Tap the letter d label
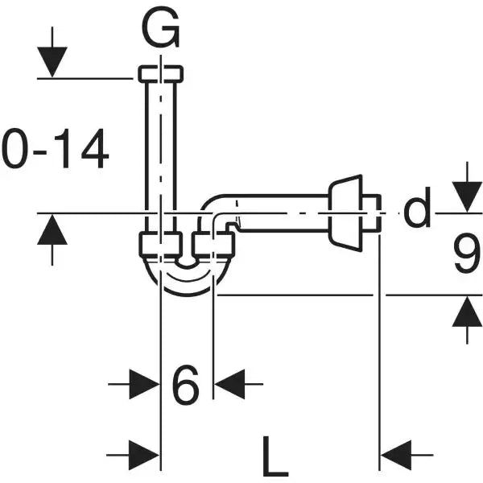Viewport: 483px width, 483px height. [418, 210]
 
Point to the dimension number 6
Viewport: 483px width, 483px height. [186, 386]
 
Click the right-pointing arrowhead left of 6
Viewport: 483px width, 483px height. [145, 386]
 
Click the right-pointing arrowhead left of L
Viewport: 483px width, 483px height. [145, 456]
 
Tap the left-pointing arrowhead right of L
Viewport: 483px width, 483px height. [395, 456]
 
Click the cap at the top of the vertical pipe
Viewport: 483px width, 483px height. [161, 73]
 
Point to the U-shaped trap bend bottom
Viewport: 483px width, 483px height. [187, 282]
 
